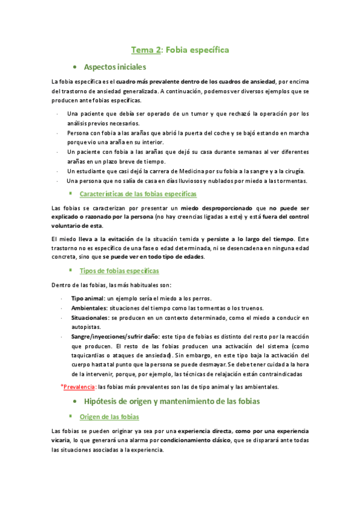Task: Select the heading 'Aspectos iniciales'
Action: (x=115, y=67)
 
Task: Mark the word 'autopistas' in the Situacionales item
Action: (x=86, y=327)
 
